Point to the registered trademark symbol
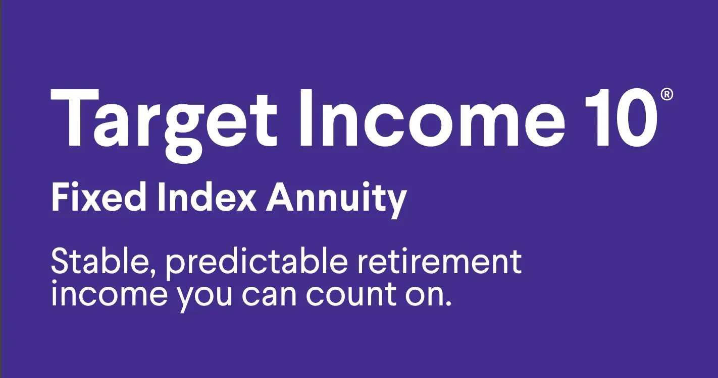(666, 95)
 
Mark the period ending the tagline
(446, 303)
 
